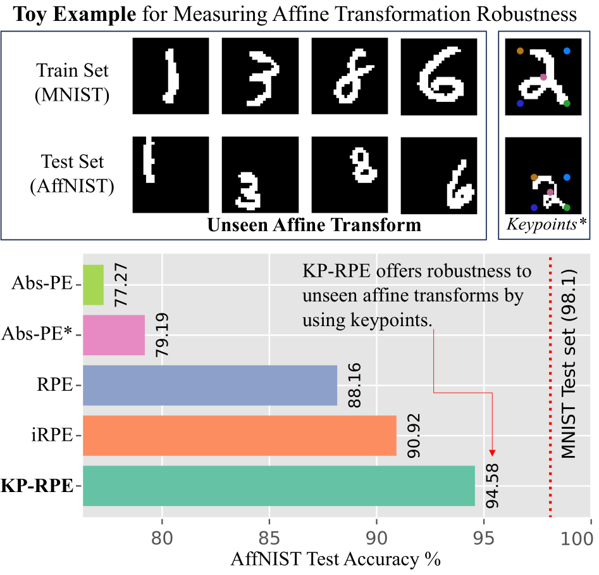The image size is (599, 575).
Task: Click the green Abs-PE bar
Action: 93,284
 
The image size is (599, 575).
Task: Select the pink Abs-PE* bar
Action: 114,334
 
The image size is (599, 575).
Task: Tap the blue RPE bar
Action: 210,385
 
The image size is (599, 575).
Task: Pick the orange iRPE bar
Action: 239,436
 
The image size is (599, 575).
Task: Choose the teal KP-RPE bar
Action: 278,486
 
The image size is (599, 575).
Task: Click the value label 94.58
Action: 493,486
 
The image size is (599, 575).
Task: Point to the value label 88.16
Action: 355,385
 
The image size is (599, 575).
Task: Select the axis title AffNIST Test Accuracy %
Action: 335,559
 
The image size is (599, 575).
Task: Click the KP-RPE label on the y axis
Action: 37,486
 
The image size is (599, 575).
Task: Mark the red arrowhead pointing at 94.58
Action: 493,452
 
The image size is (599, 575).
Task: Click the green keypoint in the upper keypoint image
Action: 567,103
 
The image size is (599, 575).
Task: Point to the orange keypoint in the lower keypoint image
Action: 534,178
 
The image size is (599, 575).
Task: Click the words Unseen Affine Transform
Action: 314,225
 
